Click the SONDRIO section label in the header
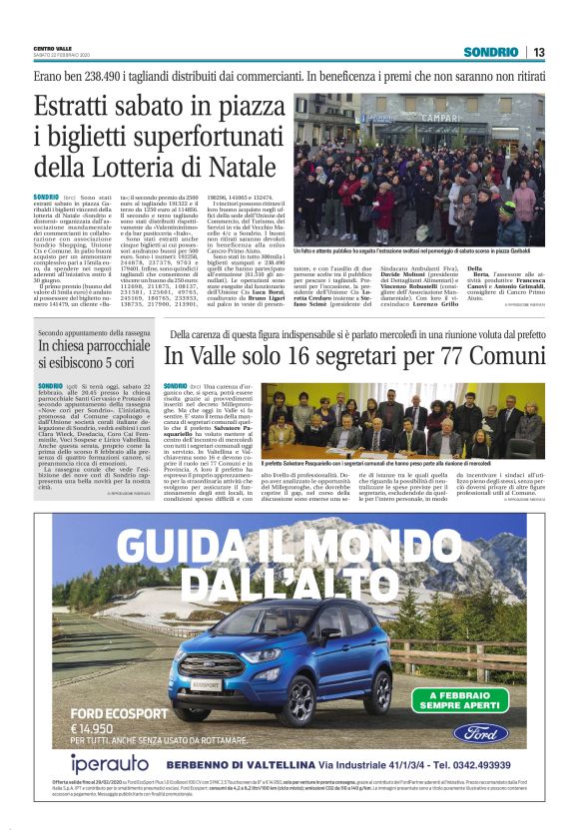490,52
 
